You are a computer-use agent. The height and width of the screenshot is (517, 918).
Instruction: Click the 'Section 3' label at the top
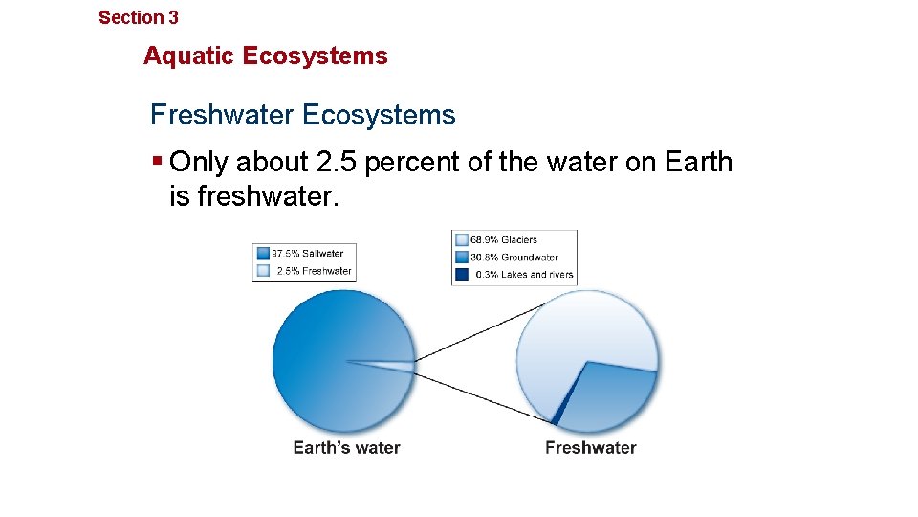139,17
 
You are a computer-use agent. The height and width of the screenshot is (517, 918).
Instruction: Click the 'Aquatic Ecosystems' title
266,56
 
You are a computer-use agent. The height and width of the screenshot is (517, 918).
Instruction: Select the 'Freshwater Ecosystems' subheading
302,115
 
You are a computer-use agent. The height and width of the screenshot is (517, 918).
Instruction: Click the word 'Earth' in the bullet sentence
696,162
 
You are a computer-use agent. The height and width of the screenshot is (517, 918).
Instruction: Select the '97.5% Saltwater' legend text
308,254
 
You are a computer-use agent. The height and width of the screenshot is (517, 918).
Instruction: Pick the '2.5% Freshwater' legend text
314,271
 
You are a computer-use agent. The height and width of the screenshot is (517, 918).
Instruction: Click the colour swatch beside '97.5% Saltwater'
262,254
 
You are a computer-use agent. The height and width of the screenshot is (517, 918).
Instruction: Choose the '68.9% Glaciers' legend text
504,239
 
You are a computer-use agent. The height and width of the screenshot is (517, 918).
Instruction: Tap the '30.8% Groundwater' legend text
514,257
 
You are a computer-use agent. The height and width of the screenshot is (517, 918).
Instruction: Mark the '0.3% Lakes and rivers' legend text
525,274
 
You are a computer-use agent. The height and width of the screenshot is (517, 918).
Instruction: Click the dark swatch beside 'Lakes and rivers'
461,274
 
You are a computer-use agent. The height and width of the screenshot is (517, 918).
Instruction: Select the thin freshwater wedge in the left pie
397,365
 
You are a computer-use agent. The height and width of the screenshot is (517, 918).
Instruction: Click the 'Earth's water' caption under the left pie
346,447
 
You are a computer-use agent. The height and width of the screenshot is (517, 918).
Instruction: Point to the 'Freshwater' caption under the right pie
590,447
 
